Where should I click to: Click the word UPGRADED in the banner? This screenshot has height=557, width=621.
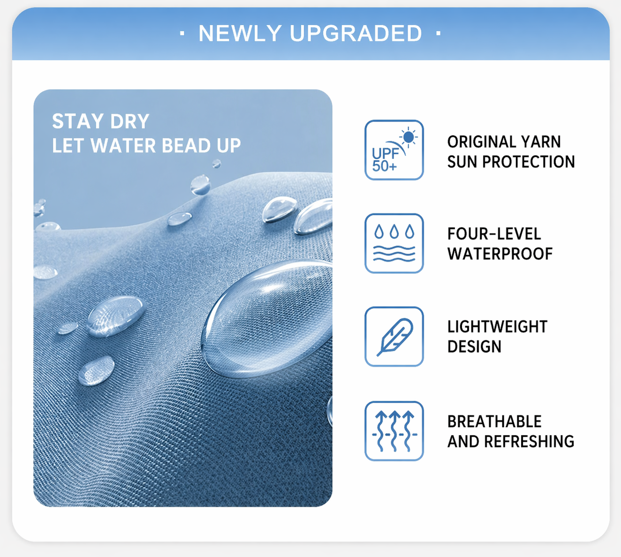pyautogui.click(x=356, y=33)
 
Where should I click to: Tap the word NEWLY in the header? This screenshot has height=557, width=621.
pyautogui.click(x=240, y=33)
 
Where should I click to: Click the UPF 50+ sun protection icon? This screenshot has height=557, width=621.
pyautogui.click(x=394, y=150)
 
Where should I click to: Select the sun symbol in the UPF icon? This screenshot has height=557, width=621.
pyautogui.click(x=408, y=136)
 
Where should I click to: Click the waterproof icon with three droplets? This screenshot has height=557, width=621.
pyautogui.click(x=394, y=243)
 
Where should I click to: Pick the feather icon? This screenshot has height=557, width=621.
pyautogui.click(x=394, y=337)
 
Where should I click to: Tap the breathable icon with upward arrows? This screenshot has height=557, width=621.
pyautogui.click(x=394, y=431)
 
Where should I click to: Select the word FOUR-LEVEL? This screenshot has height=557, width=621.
pyautogui.click(x=494, y=234)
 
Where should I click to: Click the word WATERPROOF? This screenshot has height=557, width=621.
pyautogui.click(x=500, y=254)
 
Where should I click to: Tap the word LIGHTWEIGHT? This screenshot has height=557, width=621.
pyautogui.click(x=497, y=327)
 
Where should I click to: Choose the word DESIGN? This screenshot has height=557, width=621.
pyautogui.click(x=474, y=346)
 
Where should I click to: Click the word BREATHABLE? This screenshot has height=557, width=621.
pyautogui.click(x=494, y=422)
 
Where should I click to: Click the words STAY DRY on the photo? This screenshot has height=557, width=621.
pyautogui.click(x=100, y=121)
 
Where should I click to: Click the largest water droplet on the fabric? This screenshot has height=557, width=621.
pyautogui.click(x=267, y=319)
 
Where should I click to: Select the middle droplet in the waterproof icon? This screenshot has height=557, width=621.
pyautogui.click(x=394, y=232)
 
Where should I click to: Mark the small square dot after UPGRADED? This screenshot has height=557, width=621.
pyautogui.click(x=439, y=33)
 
